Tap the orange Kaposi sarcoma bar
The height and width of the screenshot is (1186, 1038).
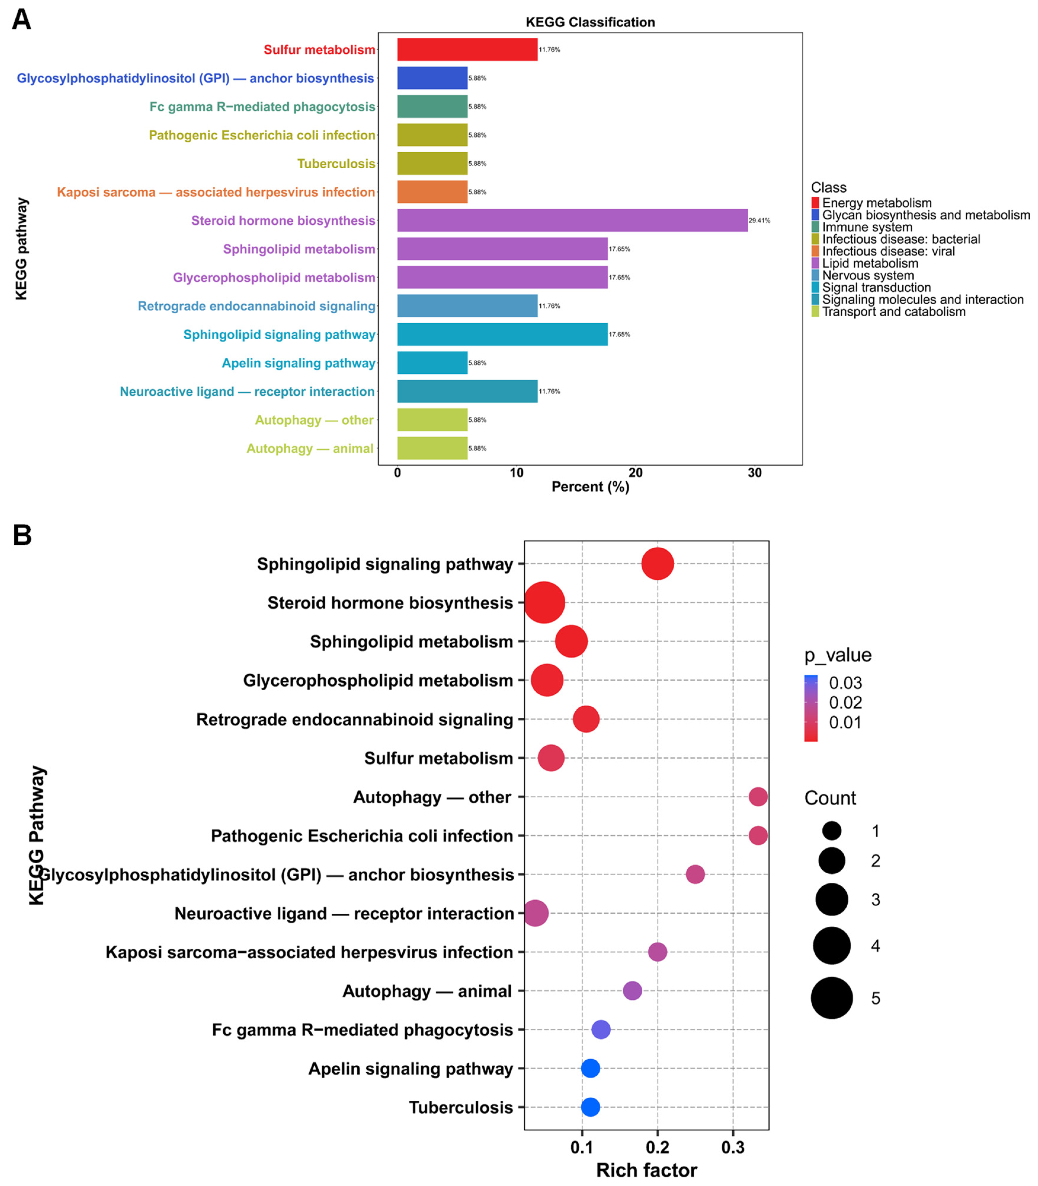(x=432, y=192)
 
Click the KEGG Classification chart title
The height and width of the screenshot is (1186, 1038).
(x=590, y=22)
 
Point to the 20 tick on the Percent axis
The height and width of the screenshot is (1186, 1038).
(x=635, y=473)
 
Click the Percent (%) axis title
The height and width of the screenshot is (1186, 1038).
(x=590, y=487)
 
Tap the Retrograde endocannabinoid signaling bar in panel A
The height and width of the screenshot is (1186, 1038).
(x=467, y=306)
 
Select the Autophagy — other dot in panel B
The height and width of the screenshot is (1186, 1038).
(x=758, y=797)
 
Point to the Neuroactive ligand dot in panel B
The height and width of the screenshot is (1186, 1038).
(x=536, y=913)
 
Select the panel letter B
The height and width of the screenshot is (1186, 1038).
(x=22, y=535)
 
